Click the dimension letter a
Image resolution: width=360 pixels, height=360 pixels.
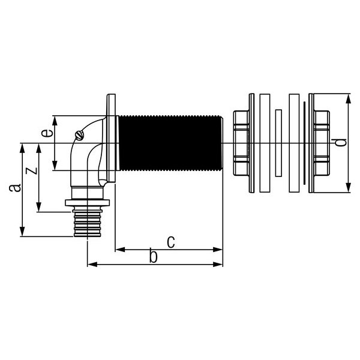15,188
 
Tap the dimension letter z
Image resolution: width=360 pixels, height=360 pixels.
31,171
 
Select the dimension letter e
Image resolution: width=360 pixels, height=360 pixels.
47,133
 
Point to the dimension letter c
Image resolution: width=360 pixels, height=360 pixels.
170,242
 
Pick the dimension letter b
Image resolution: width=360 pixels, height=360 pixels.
153,256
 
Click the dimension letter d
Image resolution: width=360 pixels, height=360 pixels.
340,143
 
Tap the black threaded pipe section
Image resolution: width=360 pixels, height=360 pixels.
170,143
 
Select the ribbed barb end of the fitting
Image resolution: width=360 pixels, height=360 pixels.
87,222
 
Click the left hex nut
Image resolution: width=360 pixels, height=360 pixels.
241,143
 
